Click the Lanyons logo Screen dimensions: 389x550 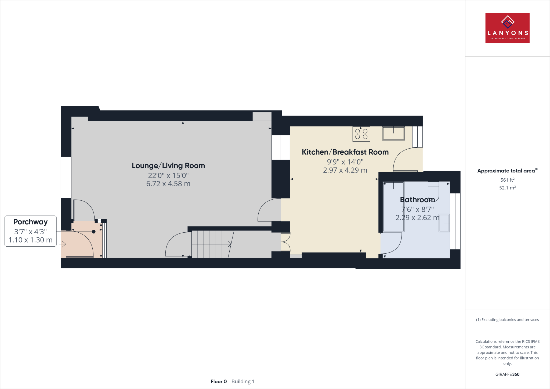click(x=507, y=28)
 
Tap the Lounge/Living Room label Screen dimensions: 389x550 click(x=168, y=166)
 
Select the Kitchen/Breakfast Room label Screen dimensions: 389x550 click(x=345, y=152)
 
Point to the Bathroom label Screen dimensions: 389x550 click(x=417, y=200)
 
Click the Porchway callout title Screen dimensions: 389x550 click(x=31, y=222)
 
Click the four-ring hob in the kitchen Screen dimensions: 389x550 click(x=361, y=134)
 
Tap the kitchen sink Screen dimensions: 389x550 click(x=393, y=134)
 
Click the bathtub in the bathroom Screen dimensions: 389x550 click(x=393, y=207)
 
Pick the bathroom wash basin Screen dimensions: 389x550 click(x=444, y=223)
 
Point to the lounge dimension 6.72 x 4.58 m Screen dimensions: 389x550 click(x=168, y=184)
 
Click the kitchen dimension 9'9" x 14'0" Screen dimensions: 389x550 click(x=345, y=162)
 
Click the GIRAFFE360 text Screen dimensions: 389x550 click(x=507, y=374)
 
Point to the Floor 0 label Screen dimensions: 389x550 click(x=219, y=381)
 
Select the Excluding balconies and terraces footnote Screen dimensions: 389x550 click(x=507, y=320)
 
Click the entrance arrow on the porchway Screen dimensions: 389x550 click(x=63, y=244)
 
